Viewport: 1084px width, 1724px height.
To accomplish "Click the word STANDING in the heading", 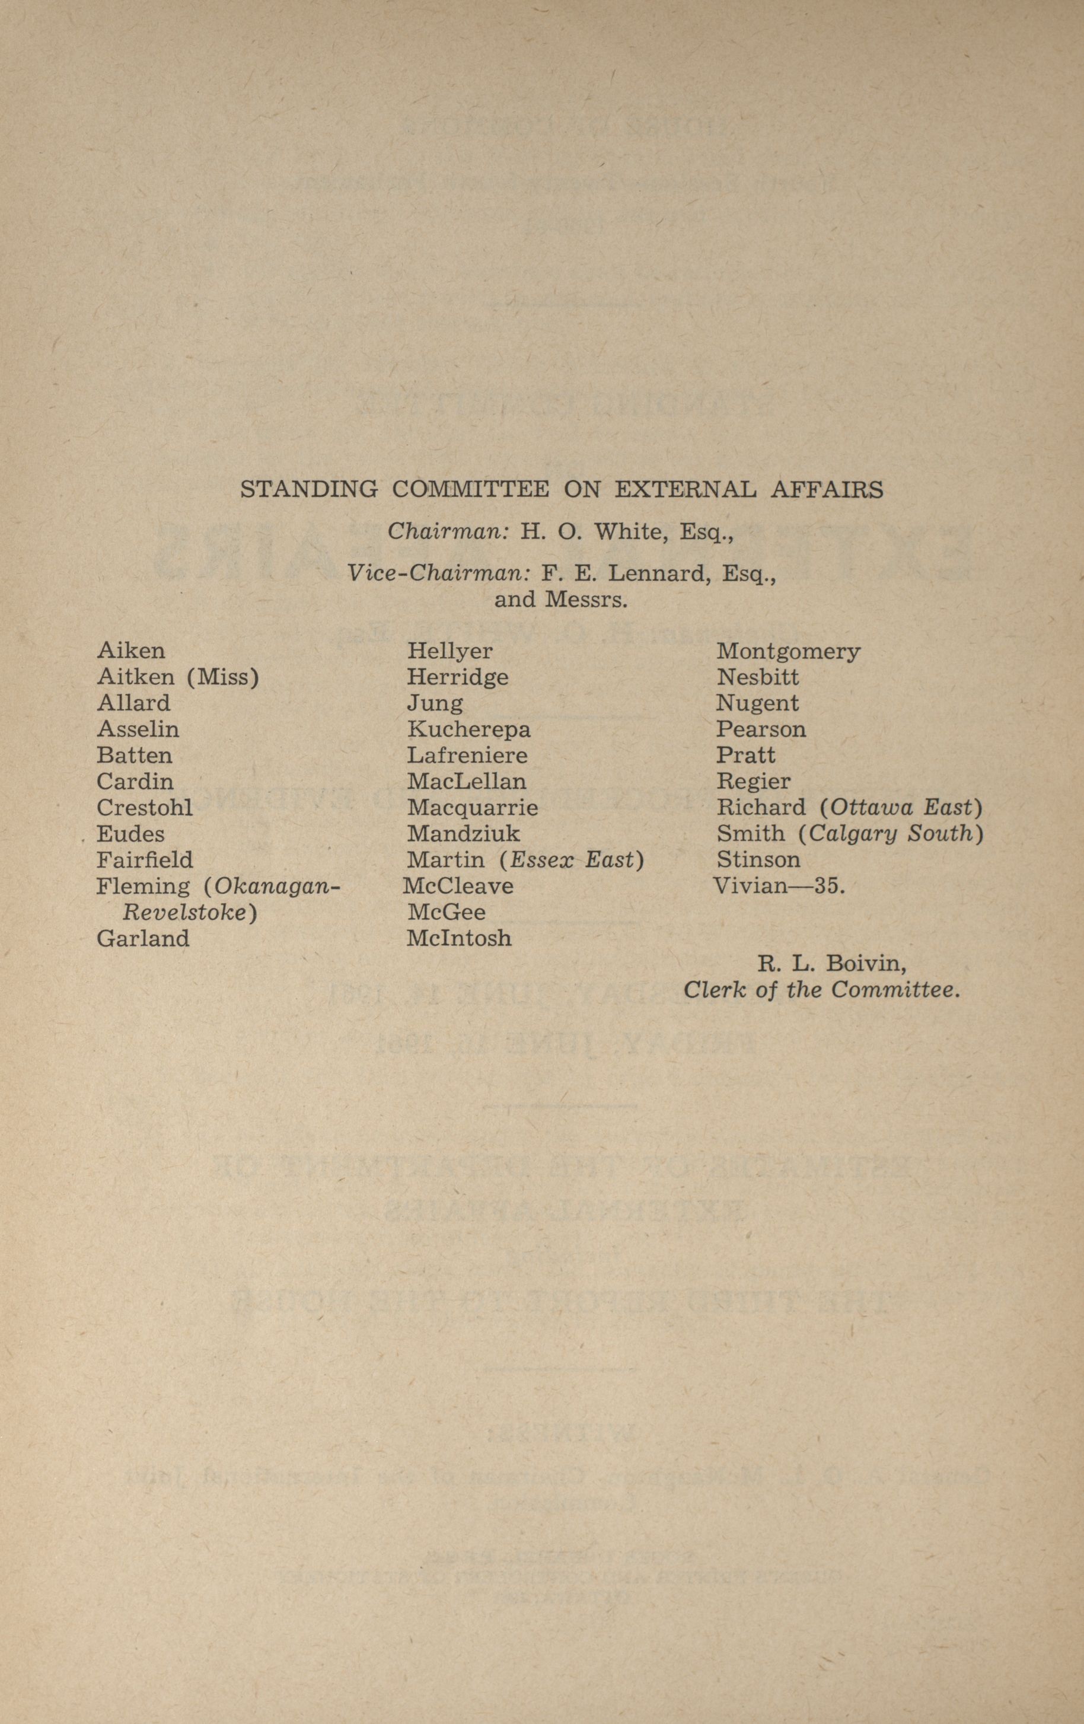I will [308, 490].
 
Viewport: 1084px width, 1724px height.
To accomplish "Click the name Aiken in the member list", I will [131, 651].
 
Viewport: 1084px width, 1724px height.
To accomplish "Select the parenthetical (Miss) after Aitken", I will [223, 677].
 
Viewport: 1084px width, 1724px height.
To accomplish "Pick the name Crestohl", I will [145, 808].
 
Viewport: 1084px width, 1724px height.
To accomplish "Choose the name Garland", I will [143, 939].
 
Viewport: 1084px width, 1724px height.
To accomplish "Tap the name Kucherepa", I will [469, 729].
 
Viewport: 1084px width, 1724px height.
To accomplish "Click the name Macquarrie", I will [473, 808].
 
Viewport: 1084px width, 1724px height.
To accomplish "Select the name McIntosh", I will [459, 939].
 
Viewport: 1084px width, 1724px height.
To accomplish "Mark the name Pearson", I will [761, 729].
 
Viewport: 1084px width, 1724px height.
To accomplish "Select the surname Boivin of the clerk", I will [866, 964].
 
